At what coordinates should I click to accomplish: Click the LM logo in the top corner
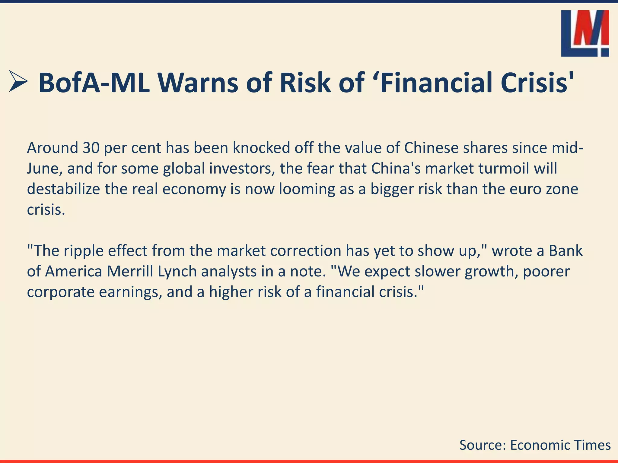[585, 33]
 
